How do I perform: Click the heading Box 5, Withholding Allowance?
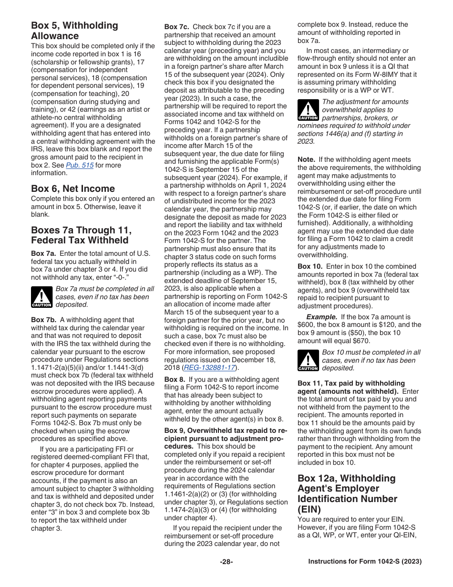74,31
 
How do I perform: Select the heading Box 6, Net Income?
72,189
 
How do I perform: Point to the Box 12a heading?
347,493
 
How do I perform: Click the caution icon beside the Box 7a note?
41,297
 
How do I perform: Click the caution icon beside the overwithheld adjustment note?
308,110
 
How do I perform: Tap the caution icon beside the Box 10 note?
308,360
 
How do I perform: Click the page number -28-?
226,562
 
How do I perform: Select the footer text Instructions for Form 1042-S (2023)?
365,562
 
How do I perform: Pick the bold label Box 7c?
176,27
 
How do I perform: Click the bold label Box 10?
310,266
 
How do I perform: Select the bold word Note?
306,159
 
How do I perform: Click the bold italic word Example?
321,317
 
